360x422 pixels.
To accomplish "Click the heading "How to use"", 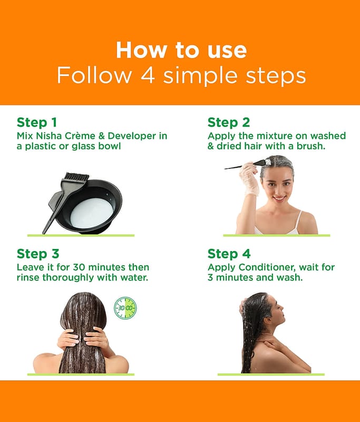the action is coord(181,50).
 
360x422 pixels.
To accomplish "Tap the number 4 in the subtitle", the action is coord(148,75).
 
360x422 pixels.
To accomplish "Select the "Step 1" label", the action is coord(37,122).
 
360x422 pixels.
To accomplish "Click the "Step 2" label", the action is coord(229,122).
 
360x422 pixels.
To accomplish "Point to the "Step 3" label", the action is coord(38,254).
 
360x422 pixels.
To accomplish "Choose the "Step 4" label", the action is coord(229,254).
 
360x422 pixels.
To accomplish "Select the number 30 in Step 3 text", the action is coord(79,267).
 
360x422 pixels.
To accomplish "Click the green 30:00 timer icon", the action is coord(125,308).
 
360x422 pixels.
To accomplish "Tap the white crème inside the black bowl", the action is coord(91,212).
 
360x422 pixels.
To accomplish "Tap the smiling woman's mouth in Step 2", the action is coord(279,198).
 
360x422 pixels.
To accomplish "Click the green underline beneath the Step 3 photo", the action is coord(81,375).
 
